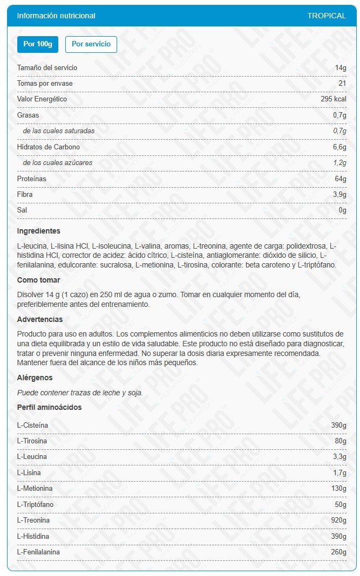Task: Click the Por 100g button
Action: [x=37, y=44]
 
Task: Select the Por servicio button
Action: [x=91, y=44]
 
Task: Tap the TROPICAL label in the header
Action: [x=327, y=16]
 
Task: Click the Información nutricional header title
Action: [x=56, y=16]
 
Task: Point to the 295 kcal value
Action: [x=333, y=99]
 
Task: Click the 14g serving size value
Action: [x=341, y=68]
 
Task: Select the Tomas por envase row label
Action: [x=45, y=84]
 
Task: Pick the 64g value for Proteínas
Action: [x=341, y=179]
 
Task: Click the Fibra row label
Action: [x=25, y=194]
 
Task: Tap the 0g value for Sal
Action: [x=342, y=210]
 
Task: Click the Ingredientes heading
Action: [x=39, y=231]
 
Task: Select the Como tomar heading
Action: [x=38, y=280]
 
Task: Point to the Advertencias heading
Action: [x=40, y=319]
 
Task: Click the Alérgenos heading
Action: [x=35, y=378]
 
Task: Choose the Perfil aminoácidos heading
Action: [x=50, y=407]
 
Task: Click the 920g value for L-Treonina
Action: [x=338, y=520]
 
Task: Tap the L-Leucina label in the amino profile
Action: [x=32, y=457]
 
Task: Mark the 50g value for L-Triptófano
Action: [x=341, y=504]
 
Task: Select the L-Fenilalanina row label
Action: [x=38, y=552]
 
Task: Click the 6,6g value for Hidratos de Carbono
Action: [x=339, y=147]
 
